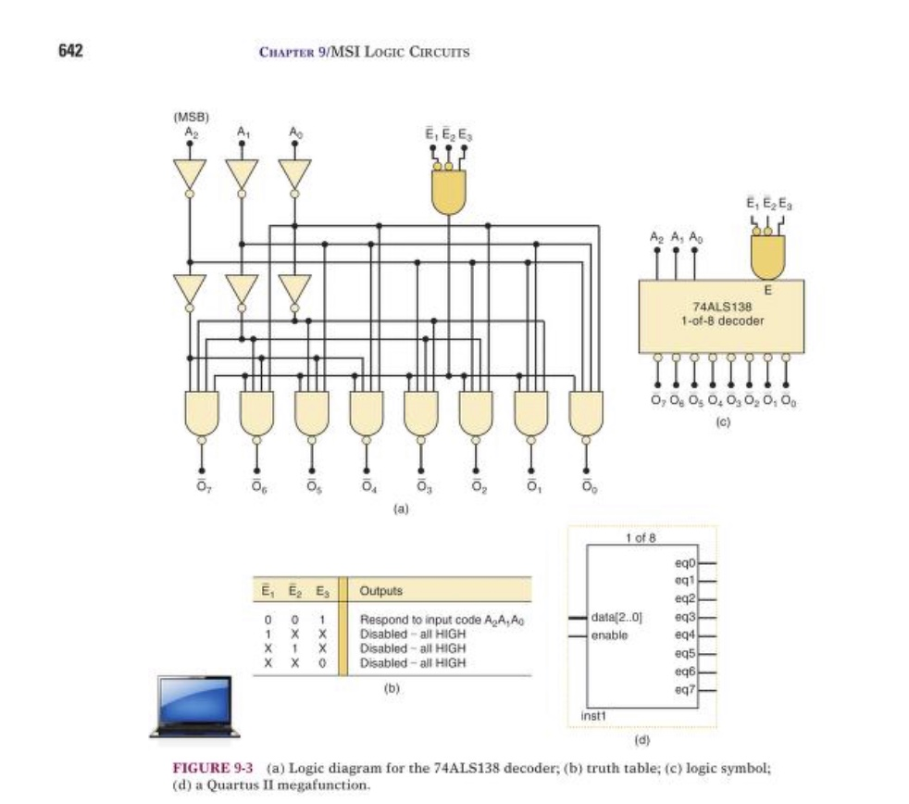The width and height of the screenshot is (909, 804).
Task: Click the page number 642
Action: coord(70,50)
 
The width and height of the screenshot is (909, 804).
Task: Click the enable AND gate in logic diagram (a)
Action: coord(449,191)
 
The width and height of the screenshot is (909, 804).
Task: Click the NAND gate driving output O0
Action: coord(585,412)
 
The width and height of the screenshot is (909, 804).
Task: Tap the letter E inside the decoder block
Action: coord(767,290)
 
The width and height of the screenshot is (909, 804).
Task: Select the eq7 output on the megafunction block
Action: coord(684,690)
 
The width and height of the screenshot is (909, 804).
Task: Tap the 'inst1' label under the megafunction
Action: coord(592,715)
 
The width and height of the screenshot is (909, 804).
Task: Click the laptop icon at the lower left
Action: coord(194,706)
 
